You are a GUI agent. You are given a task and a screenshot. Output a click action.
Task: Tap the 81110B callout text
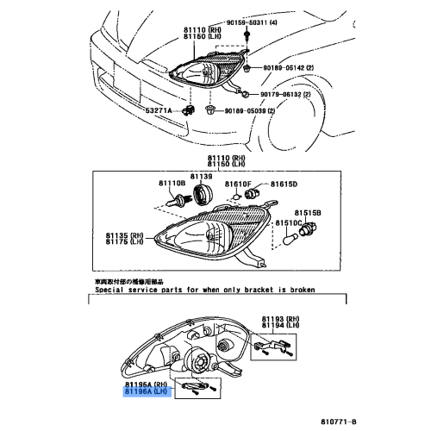coord(171,184)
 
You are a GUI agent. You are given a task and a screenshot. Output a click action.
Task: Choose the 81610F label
coord(237,184)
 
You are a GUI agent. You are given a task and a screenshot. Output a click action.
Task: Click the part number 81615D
coord(284,184)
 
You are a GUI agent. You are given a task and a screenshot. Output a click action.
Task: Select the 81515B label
coord(309,212)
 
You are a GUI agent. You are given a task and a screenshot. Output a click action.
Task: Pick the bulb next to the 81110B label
coord(173,201)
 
